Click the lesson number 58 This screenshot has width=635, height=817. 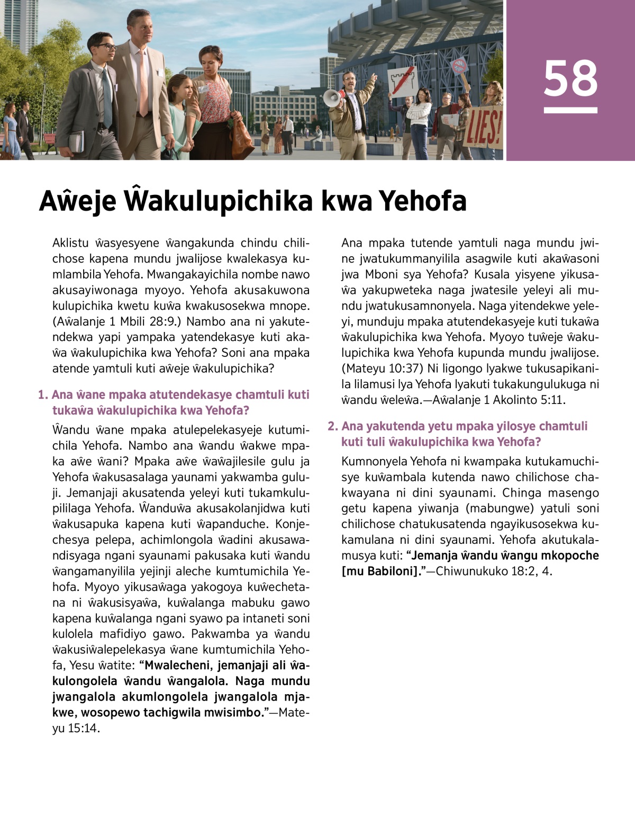pos(570,78)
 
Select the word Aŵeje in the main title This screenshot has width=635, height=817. pos(77,201)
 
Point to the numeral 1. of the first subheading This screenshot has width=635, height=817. pos(43,394)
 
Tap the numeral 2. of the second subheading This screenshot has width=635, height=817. pos(332,426)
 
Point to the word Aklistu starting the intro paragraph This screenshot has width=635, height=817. pos(70,243)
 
